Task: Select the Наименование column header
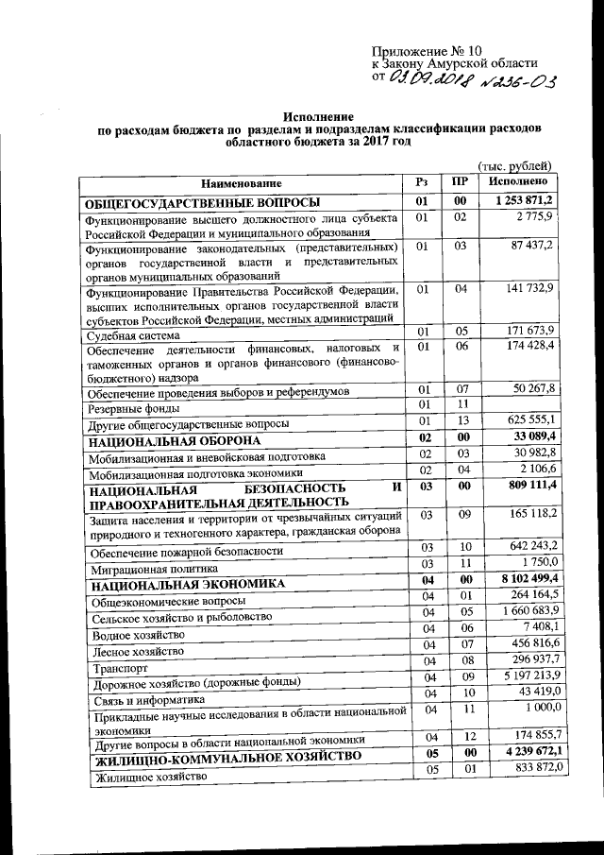[240, 182]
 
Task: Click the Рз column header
[422, 180]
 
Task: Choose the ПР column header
[460, 180]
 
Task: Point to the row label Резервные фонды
[131, 408]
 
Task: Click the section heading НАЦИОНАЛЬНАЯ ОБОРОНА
[175, 441]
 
